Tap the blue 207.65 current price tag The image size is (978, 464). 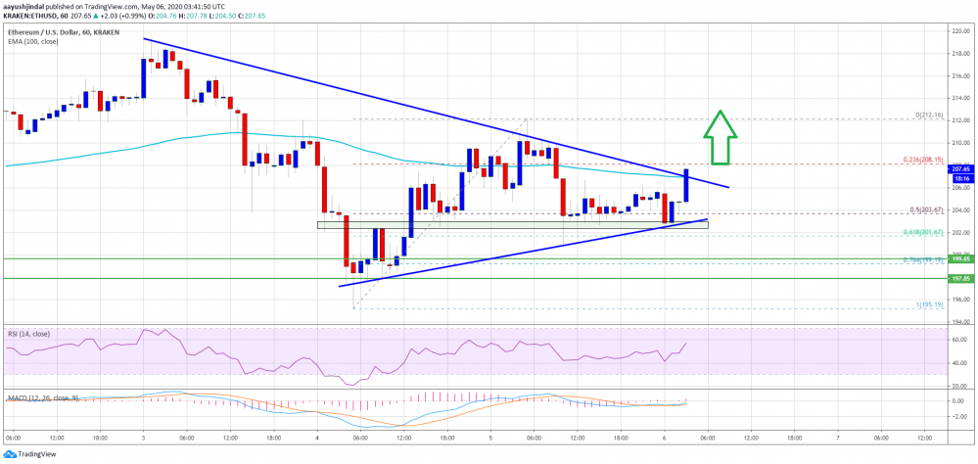(x=959, y=169)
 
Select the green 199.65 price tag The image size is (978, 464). (x=959, y=259)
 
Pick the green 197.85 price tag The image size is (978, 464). (x=959, y=278)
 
